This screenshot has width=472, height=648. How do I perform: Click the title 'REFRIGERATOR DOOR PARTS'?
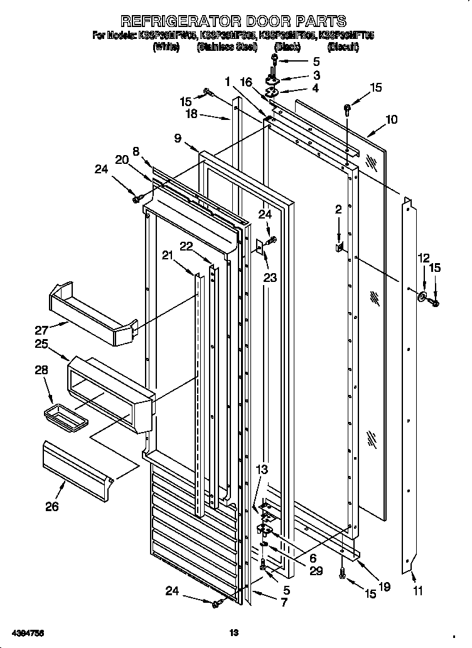point(233,22)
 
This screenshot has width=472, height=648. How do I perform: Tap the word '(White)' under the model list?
point(166,47)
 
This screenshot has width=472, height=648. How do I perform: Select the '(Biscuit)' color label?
point(343,47)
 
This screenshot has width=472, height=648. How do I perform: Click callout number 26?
point(52,505)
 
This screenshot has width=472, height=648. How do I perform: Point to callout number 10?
point(391,119)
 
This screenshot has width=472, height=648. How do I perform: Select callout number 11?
point(418,590)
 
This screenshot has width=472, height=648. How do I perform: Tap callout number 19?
point(385,586)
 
